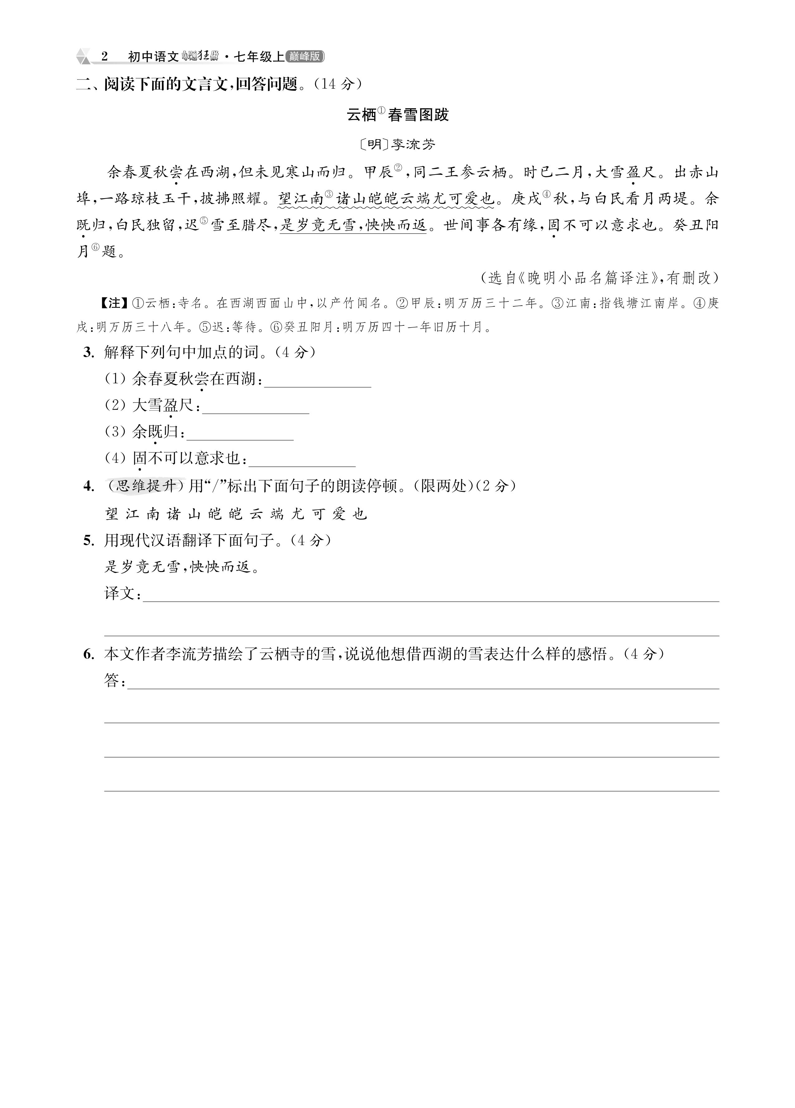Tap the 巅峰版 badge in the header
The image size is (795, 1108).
coord(305,57)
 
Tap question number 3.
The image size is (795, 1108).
coord(89,352)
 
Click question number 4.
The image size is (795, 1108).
coord(89,486)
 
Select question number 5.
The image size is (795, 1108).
coord(89,540)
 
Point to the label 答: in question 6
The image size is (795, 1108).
coord(115,680)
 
